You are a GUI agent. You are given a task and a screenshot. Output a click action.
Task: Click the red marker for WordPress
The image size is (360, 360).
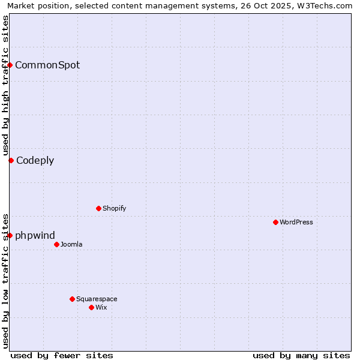275,222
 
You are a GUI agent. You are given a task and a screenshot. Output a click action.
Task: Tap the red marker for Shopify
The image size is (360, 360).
98,208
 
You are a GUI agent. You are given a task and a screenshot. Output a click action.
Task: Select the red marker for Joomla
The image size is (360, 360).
56,244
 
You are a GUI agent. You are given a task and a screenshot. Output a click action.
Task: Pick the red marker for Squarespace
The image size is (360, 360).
72,299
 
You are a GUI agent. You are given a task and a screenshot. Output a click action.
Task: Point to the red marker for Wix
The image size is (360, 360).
91,307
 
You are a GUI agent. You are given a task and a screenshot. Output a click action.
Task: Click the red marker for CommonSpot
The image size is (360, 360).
10,65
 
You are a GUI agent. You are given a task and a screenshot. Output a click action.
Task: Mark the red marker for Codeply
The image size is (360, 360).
11,160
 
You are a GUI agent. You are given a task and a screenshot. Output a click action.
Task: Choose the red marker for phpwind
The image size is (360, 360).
10,235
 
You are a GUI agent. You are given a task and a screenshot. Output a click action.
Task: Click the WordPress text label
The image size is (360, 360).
296,222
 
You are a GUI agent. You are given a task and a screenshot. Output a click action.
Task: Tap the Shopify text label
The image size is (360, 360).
115,208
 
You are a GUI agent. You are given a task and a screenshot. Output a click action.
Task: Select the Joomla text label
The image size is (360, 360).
71,244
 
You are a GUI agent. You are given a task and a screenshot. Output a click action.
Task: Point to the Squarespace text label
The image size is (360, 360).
97,299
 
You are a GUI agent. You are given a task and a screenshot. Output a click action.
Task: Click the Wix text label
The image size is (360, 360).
101,307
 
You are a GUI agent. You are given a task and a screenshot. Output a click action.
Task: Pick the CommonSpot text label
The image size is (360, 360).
47,65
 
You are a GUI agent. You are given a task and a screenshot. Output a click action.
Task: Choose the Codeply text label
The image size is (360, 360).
35,160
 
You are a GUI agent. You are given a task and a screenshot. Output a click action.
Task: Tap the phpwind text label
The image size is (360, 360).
35,235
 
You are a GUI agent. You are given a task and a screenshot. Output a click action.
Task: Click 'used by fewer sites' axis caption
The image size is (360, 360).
62,355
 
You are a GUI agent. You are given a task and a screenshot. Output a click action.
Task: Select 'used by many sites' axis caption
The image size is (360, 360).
301,355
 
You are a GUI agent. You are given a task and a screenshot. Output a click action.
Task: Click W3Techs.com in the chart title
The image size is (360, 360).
326,5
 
